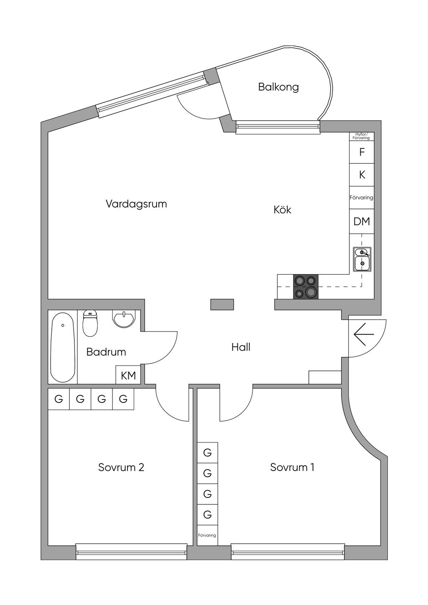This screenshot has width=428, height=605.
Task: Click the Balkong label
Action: coord(278,87)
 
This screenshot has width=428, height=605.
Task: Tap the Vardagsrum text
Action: coord(136,204)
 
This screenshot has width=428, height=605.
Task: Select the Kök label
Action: coord(283,210)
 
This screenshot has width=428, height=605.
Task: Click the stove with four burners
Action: coord(306,287)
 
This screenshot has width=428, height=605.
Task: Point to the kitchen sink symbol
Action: coord(362,259)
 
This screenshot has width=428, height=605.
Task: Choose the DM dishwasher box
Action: coord(362,221)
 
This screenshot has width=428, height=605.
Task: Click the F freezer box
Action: coord(362,152)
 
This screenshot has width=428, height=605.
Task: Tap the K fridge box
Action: coord(362,175)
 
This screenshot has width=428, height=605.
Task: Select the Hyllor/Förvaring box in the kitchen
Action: coord(362,137)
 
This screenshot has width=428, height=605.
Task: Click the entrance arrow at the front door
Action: coord(364,334)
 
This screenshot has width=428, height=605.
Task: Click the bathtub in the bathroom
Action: coord(63,347)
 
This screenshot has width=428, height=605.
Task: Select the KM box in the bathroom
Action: coord(128,375)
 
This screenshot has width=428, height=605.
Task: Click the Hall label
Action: coord(241,347)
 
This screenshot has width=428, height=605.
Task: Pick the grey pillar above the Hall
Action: coord(222,305)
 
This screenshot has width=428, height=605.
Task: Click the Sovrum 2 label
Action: coord(121,467)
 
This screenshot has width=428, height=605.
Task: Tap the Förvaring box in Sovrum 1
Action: coord(207,535)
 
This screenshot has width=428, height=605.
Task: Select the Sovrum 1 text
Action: coord(292,467)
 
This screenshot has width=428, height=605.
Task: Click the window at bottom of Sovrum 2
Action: coord(131,552)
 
